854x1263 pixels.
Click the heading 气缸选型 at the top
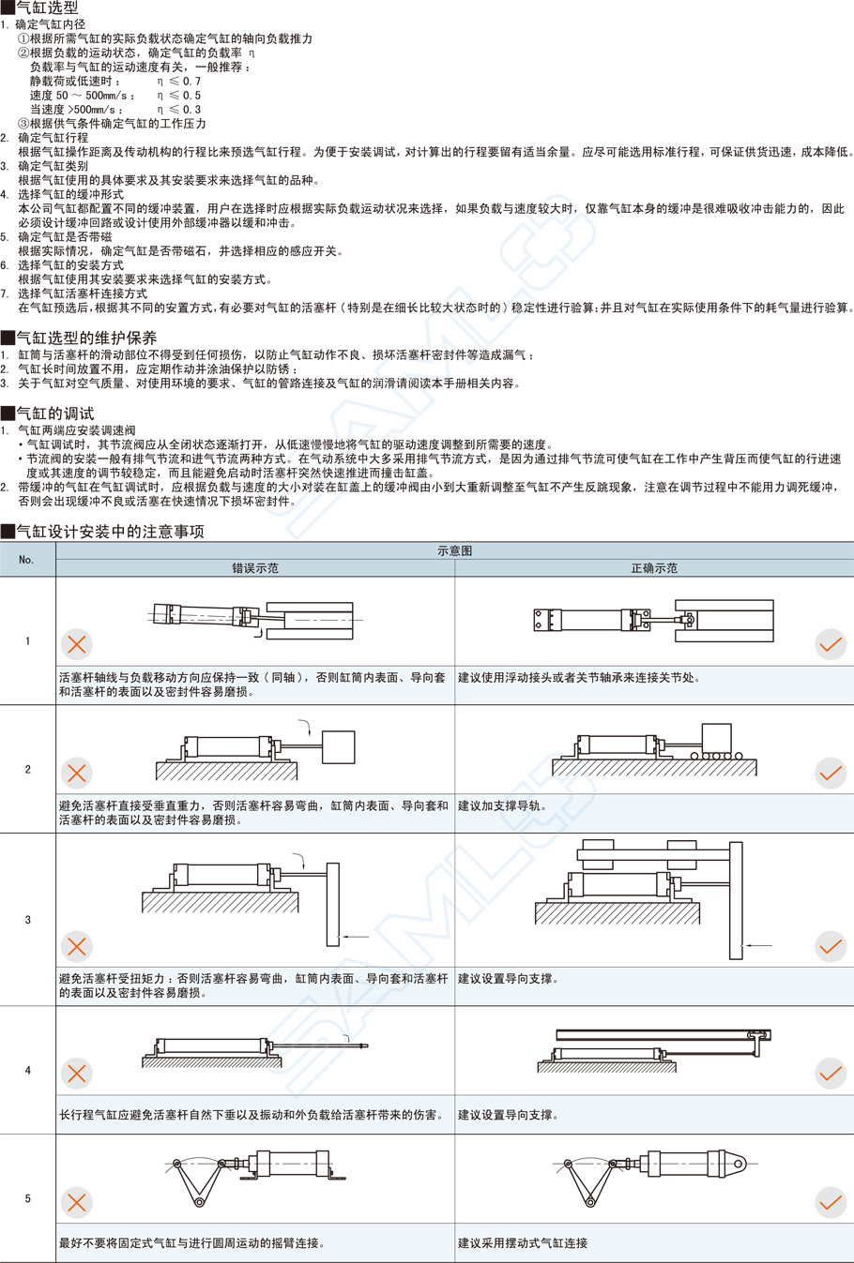coord(47,8)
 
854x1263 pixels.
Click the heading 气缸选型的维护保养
coord(86,338)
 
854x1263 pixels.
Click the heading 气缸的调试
coord(55,413)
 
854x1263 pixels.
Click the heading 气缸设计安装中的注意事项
coord(110,532)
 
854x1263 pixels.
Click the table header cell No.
coord(27,560)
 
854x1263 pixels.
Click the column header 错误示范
coord(255,568)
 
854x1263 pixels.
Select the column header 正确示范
coord(654,568)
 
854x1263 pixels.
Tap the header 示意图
coord(454,551)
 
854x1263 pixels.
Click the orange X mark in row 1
coord(77,644)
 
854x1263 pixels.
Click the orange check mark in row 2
coord(831,773)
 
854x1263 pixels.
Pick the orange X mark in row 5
coord(77,1202)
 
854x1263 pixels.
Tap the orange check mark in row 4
coord(831,1074)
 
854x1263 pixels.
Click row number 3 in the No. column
coord(27,920)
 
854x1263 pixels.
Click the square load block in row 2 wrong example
coord(338,747)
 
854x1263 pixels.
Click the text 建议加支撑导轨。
coord(502,805)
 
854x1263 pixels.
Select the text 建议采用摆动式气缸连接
coord(523,1243)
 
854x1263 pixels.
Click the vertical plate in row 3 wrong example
coord(333,904)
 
